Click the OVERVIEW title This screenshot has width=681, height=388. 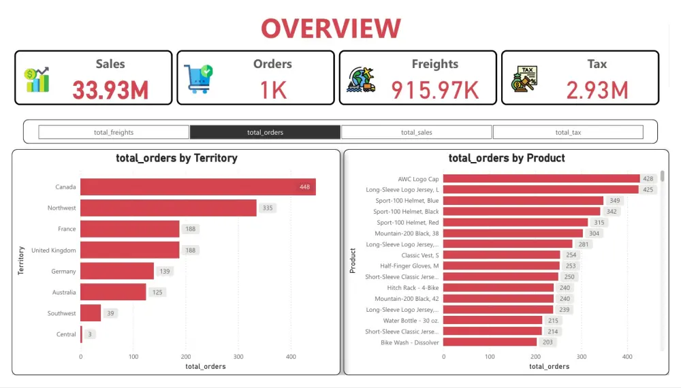[x=331, y=28]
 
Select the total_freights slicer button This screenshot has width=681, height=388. [x=114, y=132]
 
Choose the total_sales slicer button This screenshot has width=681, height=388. [x=416, y=132]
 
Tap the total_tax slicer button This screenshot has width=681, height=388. [x=567, y=132]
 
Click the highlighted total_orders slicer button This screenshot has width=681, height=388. [x=265, y=132]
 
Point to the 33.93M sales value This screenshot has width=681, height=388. [x=110, y=90]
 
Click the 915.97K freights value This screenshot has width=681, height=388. [x=435, y=90]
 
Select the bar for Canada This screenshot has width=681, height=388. [x=197, y=187]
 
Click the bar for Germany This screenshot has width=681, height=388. [x=117, y=271]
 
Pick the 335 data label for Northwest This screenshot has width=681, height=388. [x=268, y=208]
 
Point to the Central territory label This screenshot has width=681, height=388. [x=66, y=334]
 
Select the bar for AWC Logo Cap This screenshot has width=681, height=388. [x=541, y=178]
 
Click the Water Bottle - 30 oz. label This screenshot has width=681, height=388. [x=411, y=321]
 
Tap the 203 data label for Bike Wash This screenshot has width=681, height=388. [x=548, y=342]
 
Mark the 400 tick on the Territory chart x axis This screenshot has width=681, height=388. [x=291, y=356]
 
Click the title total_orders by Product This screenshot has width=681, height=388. [x=507, y=158]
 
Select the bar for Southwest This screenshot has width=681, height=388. [x=91, y=313]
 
